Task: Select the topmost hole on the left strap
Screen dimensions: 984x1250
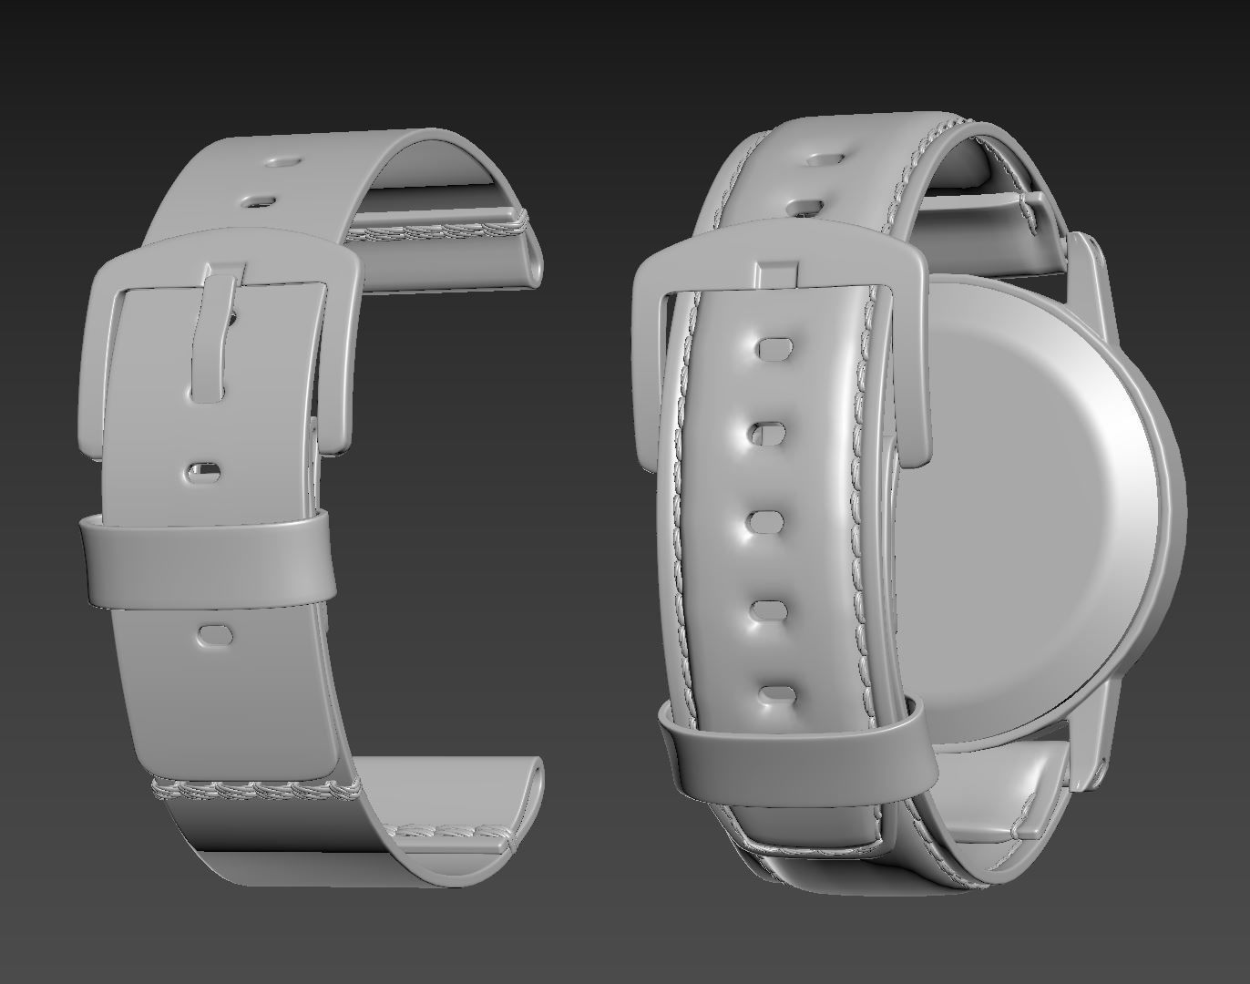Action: (282, 162)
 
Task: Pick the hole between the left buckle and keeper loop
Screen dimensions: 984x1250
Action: (204, 472)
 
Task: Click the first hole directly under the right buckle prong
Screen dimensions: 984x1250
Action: (774, 347)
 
